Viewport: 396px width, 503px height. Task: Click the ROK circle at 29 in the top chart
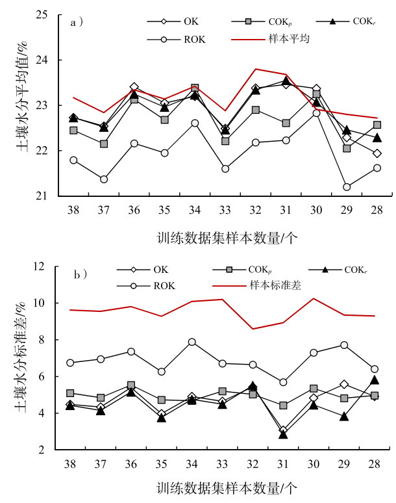pos(347,187)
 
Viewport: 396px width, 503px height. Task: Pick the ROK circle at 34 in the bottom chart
pos(192,342)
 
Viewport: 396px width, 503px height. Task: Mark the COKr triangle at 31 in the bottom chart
pos(283,434)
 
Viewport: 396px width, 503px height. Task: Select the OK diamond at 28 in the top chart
pos(377,153)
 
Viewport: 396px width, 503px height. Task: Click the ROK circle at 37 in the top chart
pos(104,179)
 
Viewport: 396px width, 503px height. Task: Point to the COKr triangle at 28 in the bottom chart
pos(375,380)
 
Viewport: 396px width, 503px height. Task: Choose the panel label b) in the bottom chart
pos(79,275)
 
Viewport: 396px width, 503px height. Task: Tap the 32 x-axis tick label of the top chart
pos(255,211)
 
